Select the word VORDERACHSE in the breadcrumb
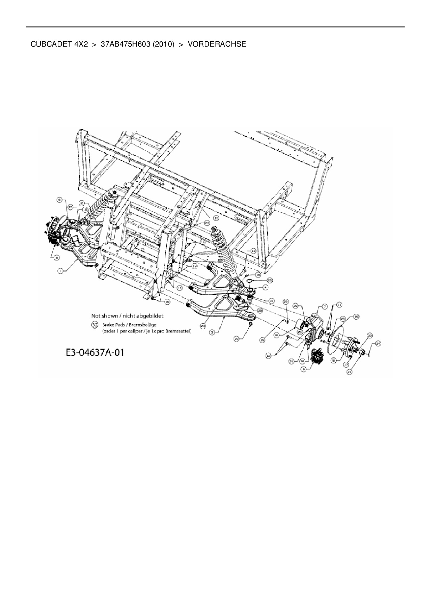217,44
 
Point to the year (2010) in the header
163,44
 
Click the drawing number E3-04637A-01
95,353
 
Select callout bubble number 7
325,306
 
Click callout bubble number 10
356,316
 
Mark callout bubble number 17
346,364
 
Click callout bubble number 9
304,370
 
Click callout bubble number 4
266,288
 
